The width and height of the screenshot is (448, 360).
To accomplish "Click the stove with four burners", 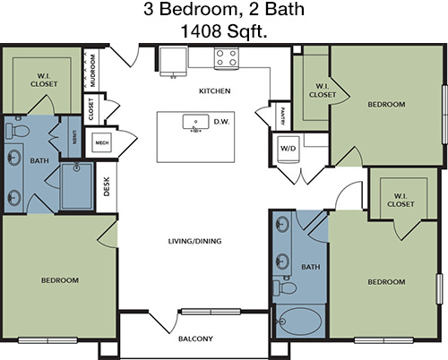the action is [226, 58].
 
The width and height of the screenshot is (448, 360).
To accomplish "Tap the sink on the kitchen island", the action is [195, 122].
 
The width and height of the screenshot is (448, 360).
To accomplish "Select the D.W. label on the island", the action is [221, 122].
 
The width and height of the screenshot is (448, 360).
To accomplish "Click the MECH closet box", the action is [102, 142].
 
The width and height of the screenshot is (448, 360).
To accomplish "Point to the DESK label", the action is [107, 187].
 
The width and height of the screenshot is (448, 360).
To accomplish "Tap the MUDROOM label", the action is [92, 71].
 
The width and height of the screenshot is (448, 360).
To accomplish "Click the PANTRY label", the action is [282, 116].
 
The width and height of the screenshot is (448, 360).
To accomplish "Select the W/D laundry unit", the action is [289, 149].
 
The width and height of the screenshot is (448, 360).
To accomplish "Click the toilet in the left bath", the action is [17, 130].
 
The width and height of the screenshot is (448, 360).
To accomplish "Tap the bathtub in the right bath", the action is [299, 321].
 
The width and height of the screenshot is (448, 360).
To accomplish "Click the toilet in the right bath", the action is [285, 287].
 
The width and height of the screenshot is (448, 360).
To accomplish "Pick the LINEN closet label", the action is [74, 137].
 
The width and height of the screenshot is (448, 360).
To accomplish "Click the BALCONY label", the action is [195, 339].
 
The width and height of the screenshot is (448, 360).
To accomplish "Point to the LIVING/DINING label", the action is [194, 241].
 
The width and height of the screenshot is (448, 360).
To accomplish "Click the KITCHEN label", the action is [215, 90].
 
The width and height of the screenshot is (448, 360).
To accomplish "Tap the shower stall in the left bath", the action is [77, 186].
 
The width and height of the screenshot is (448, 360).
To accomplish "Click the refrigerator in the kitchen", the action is [173, 61].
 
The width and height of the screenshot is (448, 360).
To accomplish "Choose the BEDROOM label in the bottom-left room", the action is [60, 280].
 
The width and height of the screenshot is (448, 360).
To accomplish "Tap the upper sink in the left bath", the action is [13, 158].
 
